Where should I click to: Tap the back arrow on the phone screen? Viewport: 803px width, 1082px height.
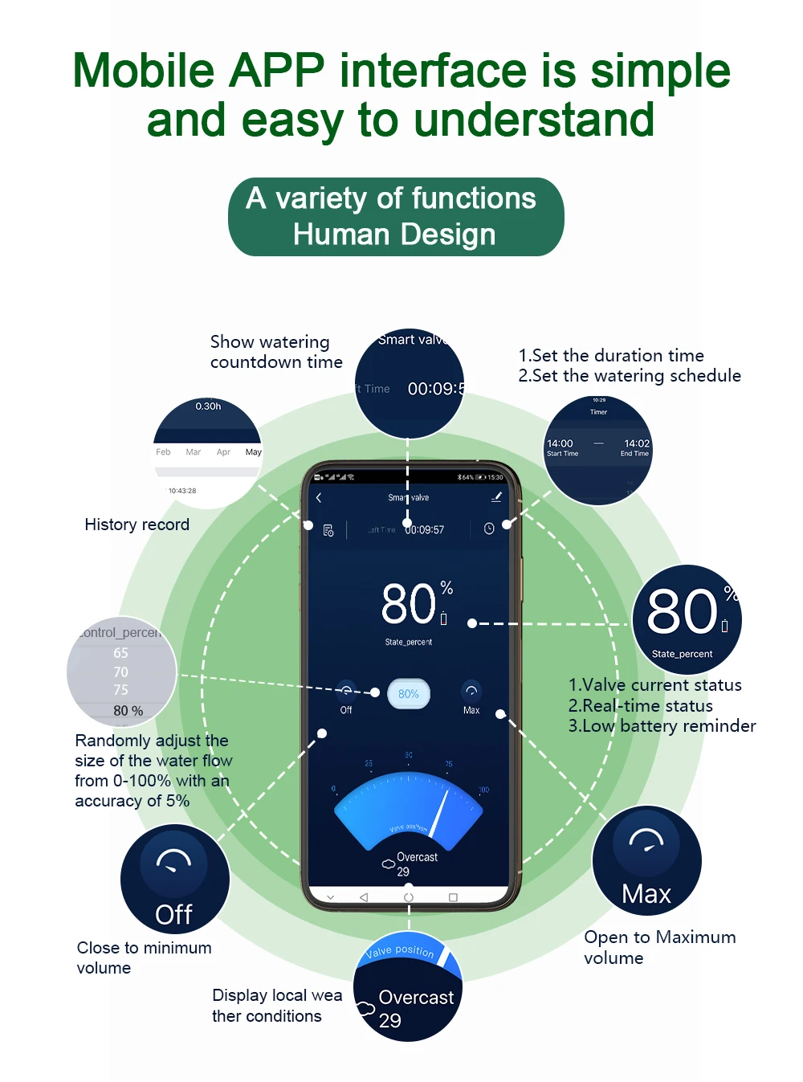pyautogui.click(x=319, y=498)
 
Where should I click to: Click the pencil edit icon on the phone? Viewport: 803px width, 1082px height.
pyautogui.click(x=496, y=497)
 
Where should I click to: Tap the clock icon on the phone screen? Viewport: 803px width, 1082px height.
pyautogui.click(x=489, y=529)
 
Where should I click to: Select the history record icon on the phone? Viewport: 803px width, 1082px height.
pyautogui.click(x=328, y=530)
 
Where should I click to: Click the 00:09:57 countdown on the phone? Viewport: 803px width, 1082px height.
pyautogui.click(x=424, y=530)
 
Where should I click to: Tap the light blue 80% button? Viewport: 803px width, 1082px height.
pyautogui.click(x=409, y=694)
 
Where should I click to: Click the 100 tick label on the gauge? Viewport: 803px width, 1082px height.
pyautogui.click(x=483, y=790)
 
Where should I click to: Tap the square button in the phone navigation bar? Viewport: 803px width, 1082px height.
pyautogui.click(x=453, y=897)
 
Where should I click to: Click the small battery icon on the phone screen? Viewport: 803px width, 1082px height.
pyautogui.click(x=443, y=619)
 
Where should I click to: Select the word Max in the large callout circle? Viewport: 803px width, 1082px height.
pyautogui.click(x=646, y=894)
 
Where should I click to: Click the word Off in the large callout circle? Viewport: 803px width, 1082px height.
pyautogui.click(x=173, y=915)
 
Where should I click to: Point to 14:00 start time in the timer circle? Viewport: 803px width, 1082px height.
pyautogui.click(x=560, y=443)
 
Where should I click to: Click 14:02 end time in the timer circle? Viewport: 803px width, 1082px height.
pyautogui.click(x=636, y=443)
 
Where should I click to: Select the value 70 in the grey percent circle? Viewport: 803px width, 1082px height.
pyautogui.click(x=120, y=672)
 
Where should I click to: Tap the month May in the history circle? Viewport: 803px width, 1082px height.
pyautogui.click(x=253, y=452)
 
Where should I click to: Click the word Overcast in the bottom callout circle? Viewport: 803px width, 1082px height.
pyautogui.click(x=416, y=998)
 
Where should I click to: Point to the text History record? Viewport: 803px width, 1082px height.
pyautogui.click(x=137, y=525)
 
